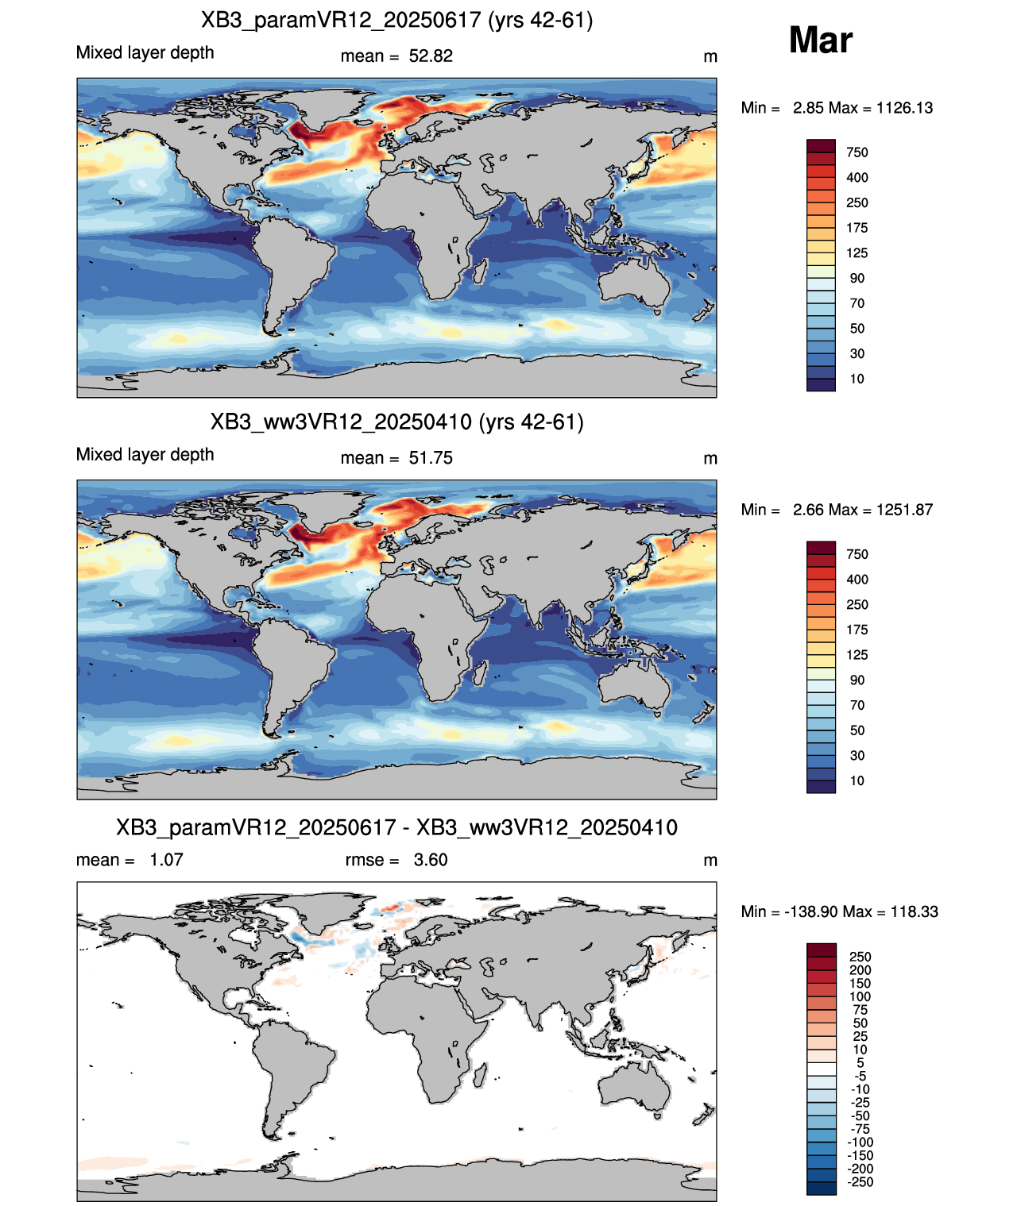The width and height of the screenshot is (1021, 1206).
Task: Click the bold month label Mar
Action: [x=820, y=40]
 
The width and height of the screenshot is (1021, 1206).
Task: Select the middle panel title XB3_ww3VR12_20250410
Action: [x=341, y=422]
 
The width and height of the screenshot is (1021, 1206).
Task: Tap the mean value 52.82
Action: [x=430, y=56]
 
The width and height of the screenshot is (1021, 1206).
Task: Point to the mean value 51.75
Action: [x=430, y=457]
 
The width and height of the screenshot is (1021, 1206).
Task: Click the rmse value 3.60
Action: [x=430, y=859]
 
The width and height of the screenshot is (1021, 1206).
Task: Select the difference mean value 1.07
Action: [x=166, y=859]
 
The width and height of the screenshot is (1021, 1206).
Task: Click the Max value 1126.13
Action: [x=904, y=108]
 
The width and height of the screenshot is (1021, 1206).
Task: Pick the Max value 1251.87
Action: [x=904, y=510]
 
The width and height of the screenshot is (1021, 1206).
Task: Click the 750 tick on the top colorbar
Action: [x=857, y=152]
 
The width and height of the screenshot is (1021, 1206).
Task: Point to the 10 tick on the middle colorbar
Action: [x=857, y=780]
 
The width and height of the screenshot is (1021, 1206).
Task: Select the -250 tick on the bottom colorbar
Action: [x=860, y=1182]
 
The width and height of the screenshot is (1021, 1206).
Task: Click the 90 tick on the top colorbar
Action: [x=857, y=279]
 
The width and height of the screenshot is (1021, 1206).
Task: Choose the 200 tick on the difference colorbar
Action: [x=860, y=970]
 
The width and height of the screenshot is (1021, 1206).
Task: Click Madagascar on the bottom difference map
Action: [x=481, y=1075]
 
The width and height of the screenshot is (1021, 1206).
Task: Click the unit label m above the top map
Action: [x=710, y=56]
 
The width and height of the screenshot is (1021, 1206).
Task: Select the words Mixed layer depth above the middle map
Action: [x=145, y=454]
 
